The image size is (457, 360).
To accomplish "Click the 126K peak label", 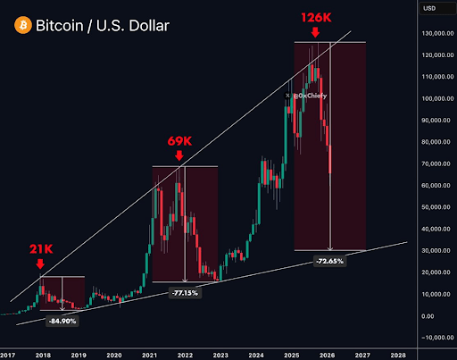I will [314, 17].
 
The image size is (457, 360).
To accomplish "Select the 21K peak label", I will [39, 249].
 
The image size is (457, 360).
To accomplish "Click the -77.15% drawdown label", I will [184, 292].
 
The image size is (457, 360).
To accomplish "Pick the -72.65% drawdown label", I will [331, 261].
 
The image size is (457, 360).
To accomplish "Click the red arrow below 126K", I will [314, 32].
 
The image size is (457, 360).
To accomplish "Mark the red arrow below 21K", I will [39, 264].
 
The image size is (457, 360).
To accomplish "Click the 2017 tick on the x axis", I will [8, 354].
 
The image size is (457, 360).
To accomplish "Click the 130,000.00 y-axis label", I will [429, 33].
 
